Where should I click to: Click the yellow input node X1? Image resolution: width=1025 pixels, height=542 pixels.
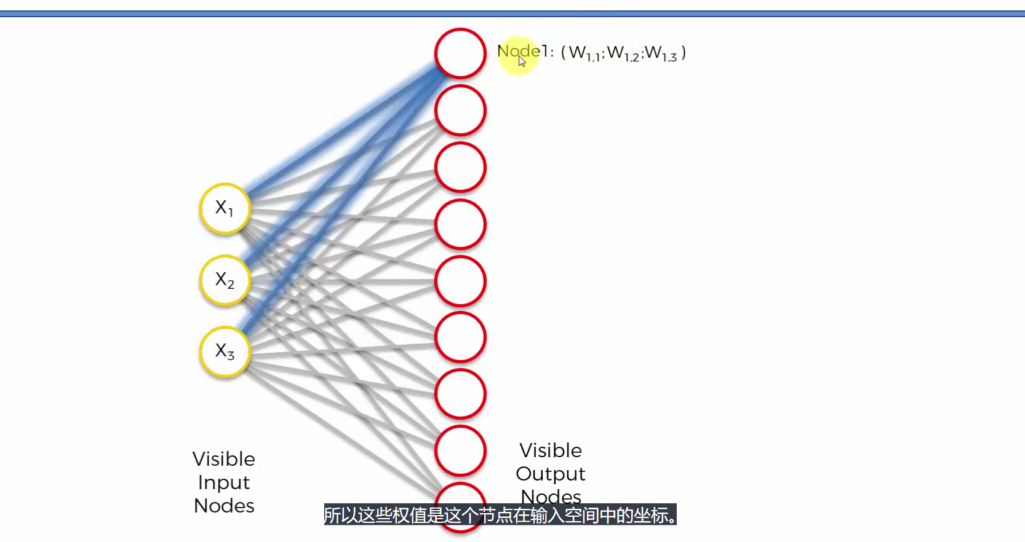click(x=225, y=208)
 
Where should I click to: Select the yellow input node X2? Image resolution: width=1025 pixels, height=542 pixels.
click(x=225, y=280)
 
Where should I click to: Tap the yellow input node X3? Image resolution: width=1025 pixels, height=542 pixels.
click(x=225, y=352)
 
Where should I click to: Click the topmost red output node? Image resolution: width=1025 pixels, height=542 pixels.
click(x=460, y=53)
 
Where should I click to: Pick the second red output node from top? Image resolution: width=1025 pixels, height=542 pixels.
click(x=460, y=111)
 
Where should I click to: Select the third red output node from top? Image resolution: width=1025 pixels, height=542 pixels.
click(x=460, y=167)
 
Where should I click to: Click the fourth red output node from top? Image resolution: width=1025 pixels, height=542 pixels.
click(x=460, y=224)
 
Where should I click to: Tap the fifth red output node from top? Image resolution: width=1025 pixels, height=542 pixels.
click(x=460, y=281)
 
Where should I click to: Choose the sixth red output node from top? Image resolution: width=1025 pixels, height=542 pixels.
click(x=460, y=337)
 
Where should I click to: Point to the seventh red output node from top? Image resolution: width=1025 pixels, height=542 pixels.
click(x=460, y=394)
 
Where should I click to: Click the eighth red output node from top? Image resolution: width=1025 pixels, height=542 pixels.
click(x=460, y=450)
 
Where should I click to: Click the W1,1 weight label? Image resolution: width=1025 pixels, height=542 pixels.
click(x=584, y=53)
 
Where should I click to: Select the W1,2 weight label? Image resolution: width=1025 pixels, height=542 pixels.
click(x=623, y=53)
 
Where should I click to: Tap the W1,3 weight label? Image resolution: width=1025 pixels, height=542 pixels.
click(x=661, y=53)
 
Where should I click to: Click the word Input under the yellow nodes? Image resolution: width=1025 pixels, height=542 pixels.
click(x=224, y=483)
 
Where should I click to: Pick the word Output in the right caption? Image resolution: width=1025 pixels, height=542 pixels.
click(x=551, y=474)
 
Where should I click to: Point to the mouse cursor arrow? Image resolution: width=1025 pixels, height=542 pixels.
click(x=522, y=61)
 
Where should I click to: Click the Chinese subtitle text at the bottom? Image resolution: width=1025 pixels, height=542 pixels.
click(x=500, y=515)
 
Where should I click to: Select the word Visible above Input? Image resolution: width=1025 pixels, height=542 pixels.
click(x=223, y=459)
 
